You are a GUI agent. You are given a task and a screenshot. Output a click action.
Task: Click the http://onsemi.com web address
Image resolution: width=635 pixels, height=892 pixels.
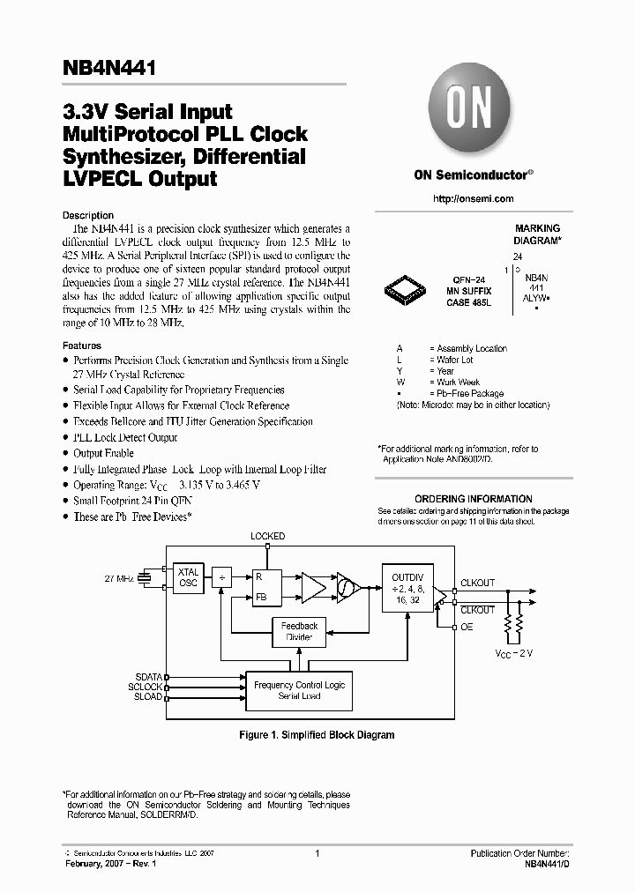pyautogui.click(x=473, y=199)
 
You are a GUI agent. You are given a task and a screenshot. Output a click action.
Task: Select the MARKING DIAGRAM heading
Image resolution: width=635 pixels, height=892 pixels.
pyautogui.click(x=537, y=234)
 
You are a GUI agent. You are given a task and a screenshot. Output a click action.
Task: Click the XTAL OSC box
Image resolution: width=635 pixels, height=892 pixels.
pyautogui.click(x=188, y=576)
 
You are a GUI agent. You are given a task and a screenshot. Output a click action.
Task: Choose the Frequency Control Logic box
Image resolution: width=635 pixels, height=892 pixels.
pyautogui.click(x=299, y=690)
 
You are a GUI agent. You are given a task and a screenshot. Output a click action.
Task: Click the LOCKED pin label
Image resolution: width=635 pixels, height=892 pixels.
pyautogui.click(x=267, y=536)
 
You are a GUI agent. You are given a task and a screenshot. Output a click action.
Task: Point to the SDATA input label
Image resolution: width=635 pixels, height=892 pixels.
pyautogui.click(x=148, y=676)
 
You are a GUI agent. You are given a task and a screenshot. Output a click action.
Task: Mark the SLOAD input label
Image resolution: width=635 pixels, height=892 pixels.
pyautogui.click(x=148, y=696)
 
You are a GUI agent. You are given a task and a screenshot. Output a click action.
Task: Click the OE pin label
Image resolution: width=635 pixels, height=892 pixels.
pyautogui.click(x=467, y=627)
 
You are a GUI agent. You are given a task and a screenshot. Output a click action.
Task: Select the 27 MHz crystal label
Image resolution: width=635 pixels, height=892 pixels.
pyautogui.click(x=120, y=578)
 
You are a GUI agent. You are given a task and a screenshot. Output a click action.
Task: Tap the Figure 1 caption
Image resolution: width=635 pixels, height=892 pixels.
pyautogui.click(x=317, y=735)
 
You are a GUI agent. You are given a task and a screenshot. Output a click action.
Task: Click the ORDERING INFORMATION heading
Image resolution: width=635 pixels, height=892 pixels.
pyautogui.click(x=473, y=499)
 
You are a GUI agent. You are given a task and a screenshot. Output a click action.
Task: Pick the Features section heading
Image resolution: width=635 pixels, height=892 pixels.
pyautogui.click(x=82, y=346)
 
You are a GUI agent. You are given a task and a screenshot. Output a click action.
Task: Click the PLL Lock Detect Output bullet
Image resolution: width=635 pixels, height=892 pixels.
pyautogui.click(x=125, y=437)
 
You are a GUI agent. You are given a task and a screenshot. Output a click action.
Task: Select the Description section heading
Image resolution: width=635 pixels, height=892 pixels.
pyautogui.click(x=88, y=215)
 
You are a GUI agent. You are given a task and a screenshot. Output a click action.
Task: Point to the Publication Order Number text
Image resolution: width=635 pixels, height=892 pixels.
pyautogui.click(x=520, y=854)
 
